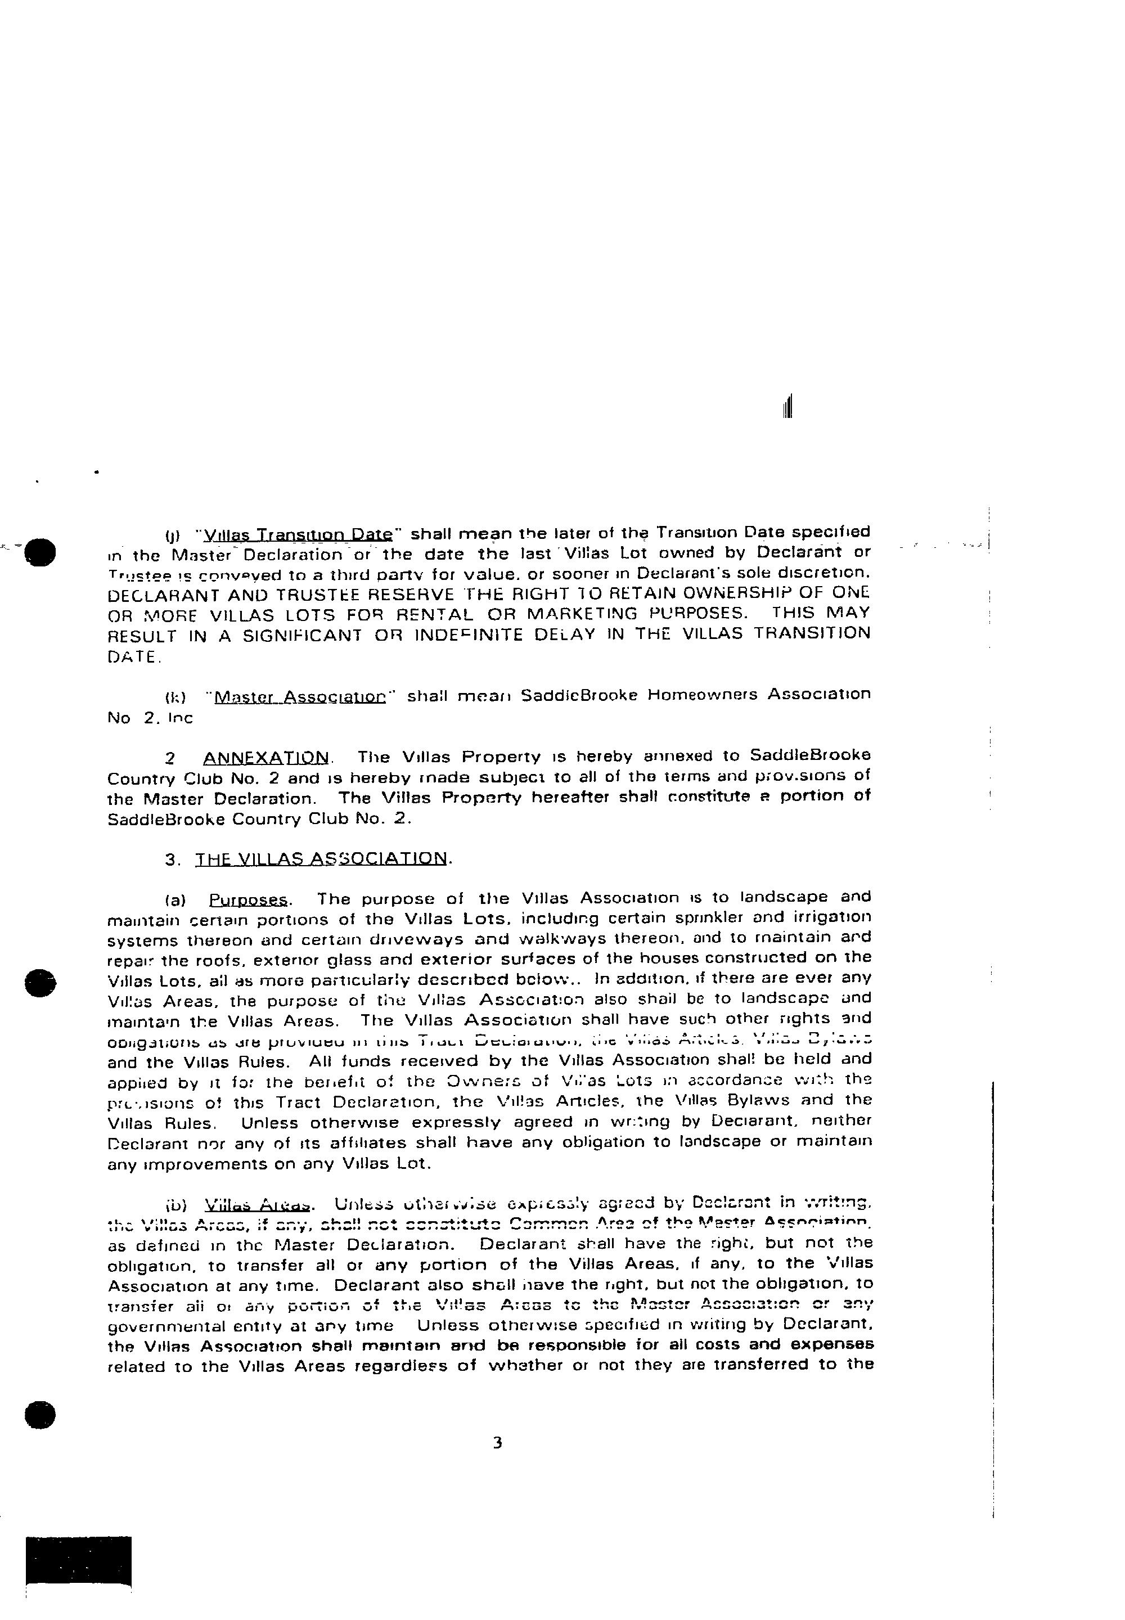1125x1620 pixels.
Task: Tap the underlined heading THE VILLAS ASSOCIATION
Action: (321, 859)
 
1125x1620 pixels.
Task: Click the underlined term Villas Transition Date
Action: (297, 534)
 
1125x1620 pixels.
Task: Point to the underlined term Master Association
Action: (300, 697)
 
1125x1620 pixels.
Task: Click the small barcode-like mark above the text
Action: (787, 407)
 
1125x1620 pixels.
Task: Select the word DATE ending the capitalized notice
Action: (133, 657)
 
